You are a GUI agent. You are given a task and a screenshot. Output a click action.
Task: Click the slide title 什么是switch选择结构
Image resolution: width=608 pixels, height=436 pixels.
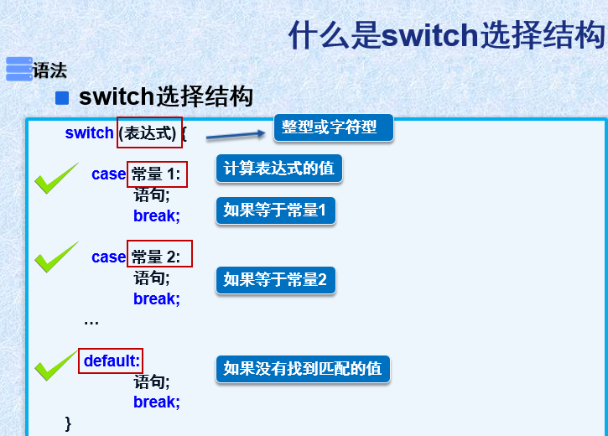446,36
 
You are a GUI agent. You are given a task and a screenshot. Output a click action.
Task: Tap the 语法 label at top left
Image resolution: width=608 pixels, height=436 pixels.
49,70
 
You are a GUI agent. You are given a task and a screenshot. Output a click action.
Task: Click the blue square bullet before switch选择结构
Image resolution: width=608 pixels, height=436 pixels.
61,98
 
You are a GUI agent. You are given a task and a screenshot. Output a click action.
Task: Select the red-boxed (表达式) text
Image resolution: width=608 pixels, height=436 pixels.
149,132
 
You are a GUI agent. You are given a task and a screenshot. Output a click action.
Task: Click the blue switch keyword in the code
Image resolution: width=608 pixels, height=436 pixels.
89,132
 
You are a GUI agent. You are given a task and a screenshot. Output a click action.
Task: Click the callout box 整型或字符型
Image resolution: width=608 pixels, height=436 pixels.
333,127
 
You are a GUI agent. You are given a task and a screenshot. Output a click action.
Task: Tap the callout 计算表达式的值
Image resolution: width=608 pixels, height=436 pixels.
278,169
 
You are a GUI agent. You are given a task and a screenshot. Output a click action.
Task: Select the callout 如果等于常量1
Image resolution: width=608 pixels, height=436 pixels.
275,210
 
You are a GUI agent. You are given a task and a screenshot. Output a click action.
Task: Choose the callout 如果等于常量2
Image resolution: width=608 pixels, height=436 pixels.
275,279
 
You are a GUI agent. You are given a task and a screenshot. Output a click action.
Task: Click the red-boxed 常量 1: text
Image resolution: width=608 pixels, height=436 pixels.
157,174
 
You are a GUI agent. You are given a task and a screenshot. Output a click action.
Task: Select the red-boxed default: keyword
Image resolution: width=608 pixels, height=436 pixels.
111,361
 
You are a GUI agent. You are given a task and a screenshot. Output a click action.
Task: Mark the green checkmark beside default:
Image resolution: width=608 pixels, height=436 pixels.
55,365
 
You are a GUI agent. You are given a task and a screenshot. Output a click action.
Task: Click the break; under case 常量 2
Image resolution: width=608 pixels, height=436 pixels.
156,298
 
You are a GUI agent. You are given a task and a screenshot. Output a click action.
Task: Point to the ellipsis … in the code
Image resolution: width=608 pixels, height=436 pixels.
91,319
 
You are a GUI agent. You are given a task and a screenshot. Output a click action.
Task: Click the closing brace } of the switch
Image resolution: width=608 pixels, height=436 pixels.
69,422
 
